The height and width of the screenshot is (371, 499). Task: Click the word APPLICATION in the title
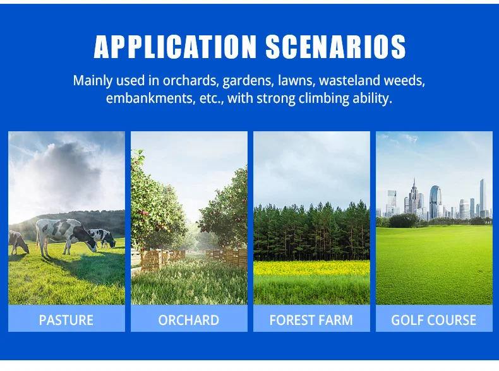[x=175, y=47]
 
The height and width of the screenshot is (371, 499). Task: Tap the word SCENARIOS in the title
[x=336, y=47]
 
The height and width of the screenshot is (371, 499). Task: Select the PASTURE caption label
[x=66, y=320]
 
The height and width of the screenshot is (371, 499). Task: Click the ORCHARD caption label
[x=189, y=320]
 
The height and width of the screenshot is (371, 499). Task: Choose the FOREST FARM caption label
[x=311, y=320]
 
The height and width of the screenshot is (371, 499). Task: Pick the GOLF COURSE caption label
[x=434, y=320]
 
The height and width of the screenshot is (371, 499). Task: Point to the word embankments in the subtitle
[x=150, y=98]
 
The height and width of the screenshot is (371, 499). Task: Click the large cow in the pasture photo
[x=66, y=237]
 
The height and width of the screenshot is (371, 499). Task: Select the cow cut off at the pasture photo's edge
[x=18, y=242]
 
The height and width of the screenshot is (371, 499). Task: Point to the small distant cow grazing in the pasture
[x=102, y=238]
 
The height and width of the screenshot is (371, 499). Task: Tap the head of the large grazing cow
[x=91, y=245]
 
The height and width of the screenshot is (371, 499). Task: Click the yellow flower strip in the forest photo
[x=311, y=268]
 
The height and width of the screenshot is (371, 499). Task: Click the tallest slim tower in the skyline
[x=483, y=196]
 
